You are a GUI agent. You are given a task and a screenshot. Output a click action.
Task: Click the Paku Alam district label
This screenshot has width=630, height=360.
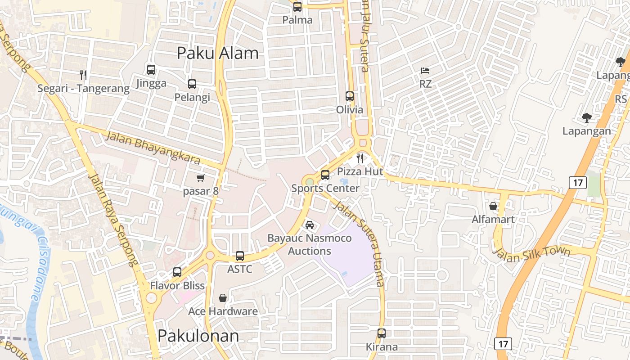pos(217,53)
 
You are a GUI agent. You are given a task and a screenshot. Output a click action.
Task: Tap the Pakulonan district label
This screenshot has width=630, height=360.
pos(198,336)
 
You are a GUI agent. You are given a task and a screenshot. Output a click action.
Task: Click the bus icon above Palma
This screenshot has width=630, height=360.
pos(297,7)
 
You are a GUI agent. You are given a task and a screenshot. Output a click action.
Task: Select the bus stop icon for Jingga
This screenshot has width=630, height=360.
pos(151,70)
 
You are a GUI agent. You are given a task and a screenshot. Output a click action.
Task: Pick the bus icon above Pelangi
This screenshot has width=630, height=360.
pos(192,84)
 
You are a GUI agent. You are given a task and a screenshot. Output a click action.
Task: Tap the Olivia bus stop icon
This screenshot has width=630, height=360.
pos(350,96)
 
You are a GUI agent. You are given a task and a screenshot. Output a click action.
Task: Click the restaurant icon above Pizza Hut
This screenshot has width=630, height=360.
pos(360,158)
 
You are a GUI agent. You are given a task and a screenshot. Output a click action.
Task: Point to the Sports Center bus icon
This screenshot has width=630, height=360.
pos(325,175)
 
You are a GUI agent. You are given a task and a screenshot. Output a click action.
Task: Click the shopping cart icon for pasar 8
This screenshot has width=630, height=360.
pos(201,178)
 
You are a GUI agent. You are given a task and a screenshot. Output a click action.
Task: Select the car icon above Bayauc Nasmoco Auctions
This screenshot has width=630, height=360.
pos(310,225)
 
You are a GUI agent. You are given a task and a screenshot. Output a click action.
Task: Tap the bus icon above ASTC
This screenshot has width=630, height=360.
pos(240,256)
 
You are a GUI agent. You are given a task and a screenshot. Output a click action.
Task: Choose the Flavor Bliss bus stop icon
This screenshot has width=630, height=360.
pos(177,272)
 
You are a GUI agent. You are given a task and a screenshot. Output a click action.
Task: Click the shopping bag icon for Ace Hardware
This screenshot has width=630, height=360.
pos(223,298)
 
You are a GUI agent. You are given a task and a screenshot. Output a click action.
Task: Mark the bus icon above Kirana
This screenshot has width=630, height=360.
pos(382,333)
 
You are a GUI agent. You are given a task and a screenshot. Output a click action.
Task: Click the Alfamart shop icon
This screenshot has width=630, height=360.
pos(493,206)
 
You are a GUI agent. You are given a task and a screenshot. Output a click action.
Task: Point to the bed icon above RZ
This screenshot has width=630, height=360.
pos(425,71)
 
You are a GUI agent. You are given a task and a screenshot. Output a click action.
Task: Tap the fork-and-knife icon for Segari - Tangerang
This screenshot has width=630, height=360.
pos(83,75)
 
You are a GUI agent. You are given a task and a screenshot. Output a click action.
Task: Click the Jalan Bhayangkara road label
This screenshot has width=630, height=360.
pos(153,147)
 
